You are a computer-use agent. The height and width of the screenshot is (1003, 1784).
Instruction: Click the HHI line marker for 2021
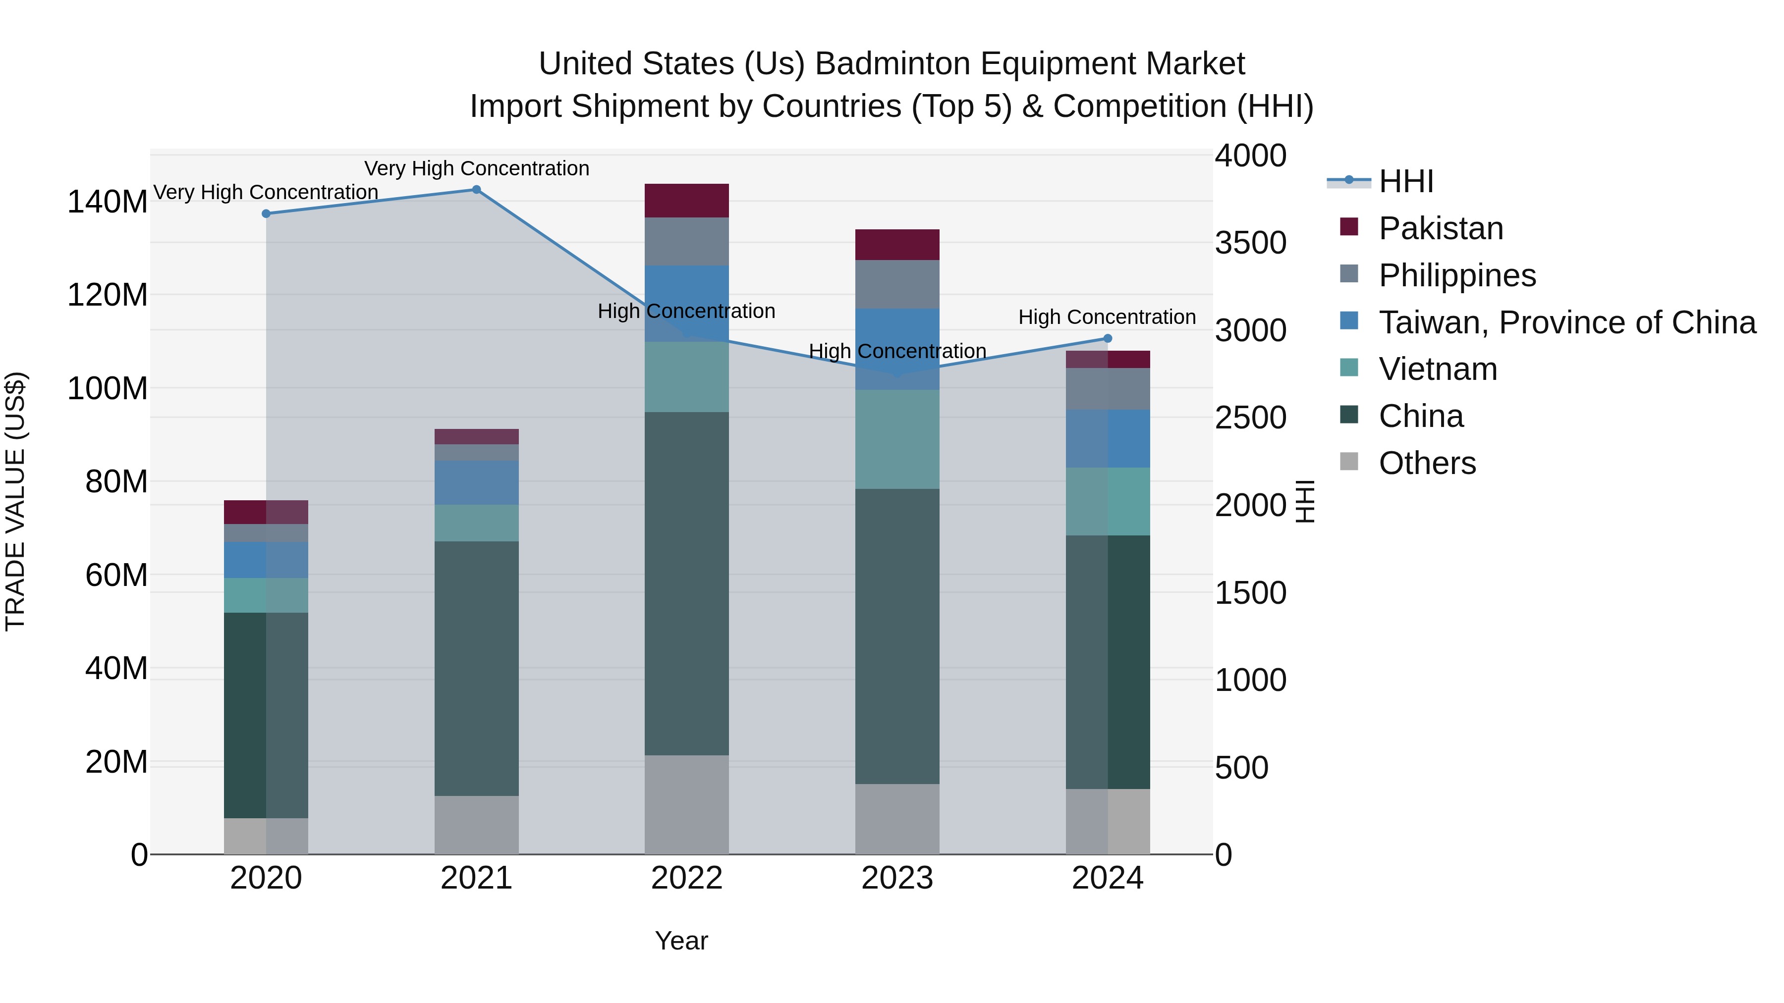(476, 190)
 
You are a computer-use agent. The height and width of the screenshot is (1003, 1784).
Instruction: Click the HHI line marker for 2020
(266, 214)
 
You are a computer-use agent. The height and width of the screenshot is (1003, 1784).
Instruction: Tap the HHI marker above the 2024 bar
(1108, 338)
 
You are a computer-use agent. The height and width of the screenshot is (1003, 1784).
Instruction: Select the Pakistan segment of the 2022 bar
(686, 201)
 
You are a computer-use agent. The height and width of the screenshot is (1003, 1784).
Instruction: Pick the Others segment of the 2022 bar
(686, 804)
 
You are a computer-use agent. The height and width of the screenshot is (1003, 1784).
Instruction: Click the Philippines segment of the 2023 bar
(897, 284)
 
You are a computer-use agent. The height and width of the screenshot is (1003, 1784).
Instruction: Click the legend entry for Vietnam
(1438, 369)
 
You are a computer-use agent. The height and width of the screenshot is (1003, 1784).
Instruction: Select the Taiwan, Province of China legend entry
(1566, 322)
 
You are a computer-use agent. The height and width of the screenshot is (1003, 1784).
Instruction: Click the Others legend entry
(1427, 463)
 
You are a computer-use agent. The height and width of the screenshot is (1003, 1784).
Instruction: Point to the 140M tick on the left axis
(108, 202)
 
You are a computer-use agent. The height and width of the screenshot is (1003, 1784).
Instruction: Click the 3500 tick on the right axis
(1251, 243)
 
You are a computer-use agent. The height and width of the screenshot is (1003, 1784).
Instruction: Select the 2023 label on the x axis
(897, 878)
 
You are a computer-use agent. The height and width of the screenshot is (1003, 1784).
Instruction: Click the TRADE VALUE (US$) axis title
(16, 501)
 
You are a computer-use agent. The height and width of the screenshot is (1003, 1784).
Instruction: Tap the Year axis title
(681, 941)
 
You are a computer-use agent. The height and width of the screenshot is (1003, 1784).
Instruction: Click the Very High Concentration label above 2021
(476, 168)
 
